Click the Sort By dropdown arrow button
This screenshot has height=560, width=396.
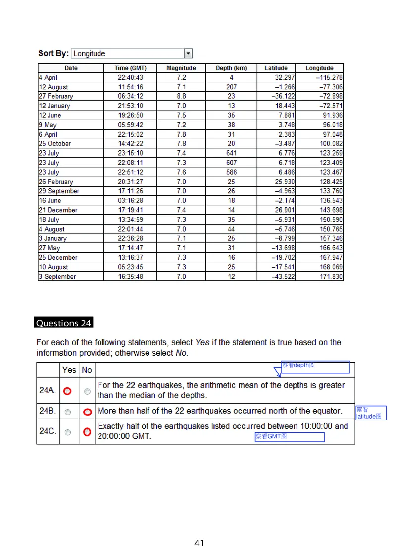(188, 53)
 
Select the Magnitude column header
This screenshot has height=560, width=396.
(181, 68)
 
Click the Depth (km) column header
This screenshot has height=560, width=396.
(231, 68)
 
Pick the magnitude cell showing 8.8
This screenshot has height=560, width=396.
(181, 96)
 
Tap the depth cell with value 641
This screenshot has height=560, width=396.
(231, 153)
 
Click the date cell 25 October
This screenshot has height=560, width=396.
(55, 144)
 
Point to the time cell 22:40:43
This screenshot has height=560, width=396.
(130, 78)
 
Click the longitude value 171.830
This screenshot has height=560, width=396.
(331, 277)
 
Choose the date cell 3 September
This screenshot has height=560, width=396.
(57, 277)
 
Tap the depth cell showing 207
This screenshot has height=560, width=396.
(231, 87)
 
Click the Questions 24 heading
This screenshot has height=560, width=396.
(64, 323)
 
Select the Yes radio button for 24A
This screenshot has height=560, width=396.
(68, 391)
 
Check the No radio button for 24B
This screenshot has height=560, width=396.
(87, 412)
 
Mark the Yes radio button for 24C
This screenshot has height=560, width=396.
(68, 432)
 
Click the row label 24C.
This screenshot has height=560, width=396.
(48, 432)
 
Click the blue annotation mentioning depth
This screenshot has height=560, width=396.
(315, 367)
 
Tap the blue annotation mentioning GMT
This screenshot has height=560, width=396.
(290, 437)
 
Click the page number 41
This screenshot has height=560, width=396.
(199, 543)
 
